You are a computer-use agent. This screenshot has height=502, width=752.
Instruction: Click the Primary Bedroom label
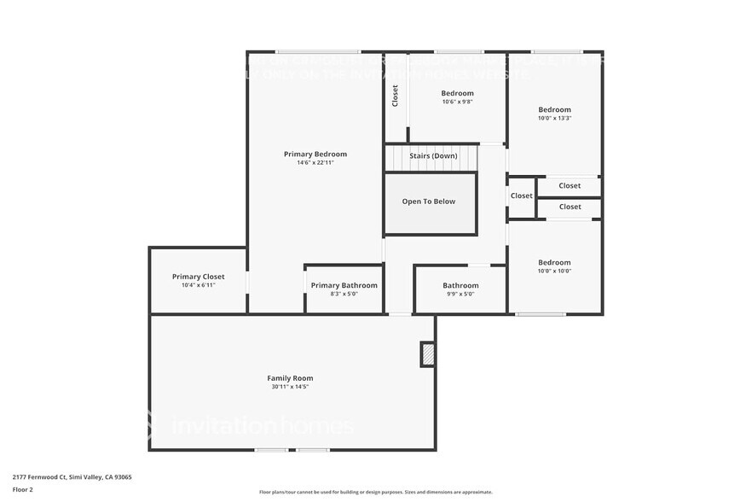coord(315,154)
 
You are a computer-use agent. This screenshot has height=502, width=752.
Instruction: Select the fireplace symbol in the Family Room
coord(428,354)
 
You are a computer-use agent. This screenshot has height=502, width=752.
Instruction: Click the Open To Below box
coord(429,202)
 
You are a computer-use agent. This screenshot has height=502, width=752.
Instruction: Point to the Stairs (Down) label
coord(433,156)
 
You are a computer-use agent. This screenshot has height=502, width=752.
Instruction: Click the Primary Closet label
coord(198,277)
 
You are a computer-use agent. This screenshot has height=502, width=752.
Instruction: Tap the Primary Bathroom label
coord(344,285)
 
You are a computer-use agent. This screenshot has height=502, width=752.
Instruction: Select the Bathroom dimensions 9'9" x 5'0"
coord(460,294)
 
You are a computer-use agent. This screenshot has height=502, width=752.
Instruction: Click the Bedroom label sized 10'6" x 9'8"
coord(457,93)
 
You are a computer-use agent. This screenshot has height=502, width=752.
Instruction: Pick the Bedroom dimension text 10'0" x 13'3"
coord(554,118)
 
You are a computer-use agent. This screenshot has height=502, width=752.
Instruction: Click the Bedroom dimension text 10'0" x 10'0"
coord(554,271)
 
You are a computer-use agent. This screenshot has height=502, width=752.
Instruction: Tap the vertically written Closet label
coord(395,95)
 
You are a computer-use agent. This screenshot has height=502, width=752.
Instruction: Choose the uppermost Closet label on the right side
coord(570,186)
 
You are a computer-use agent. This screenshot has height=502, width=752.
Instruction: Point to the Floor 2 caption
coord(22,489)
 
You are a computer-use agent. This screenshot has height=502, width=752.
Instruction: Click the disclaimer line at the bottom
coord(375,492)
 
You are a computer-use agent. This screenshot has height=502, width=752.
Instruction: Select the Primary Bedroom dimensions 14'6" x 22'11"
coord(315,162)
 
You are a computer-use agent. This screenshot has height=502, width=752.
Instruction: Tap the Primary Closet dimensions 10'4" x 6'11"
coord(198,285)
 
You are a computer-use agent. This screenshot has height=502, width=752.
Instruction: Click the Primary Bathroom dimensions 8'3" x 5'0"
coord(344,294)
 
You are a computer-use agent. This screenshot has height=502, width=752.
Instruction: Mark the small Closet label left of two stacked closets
coord(521,196)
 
